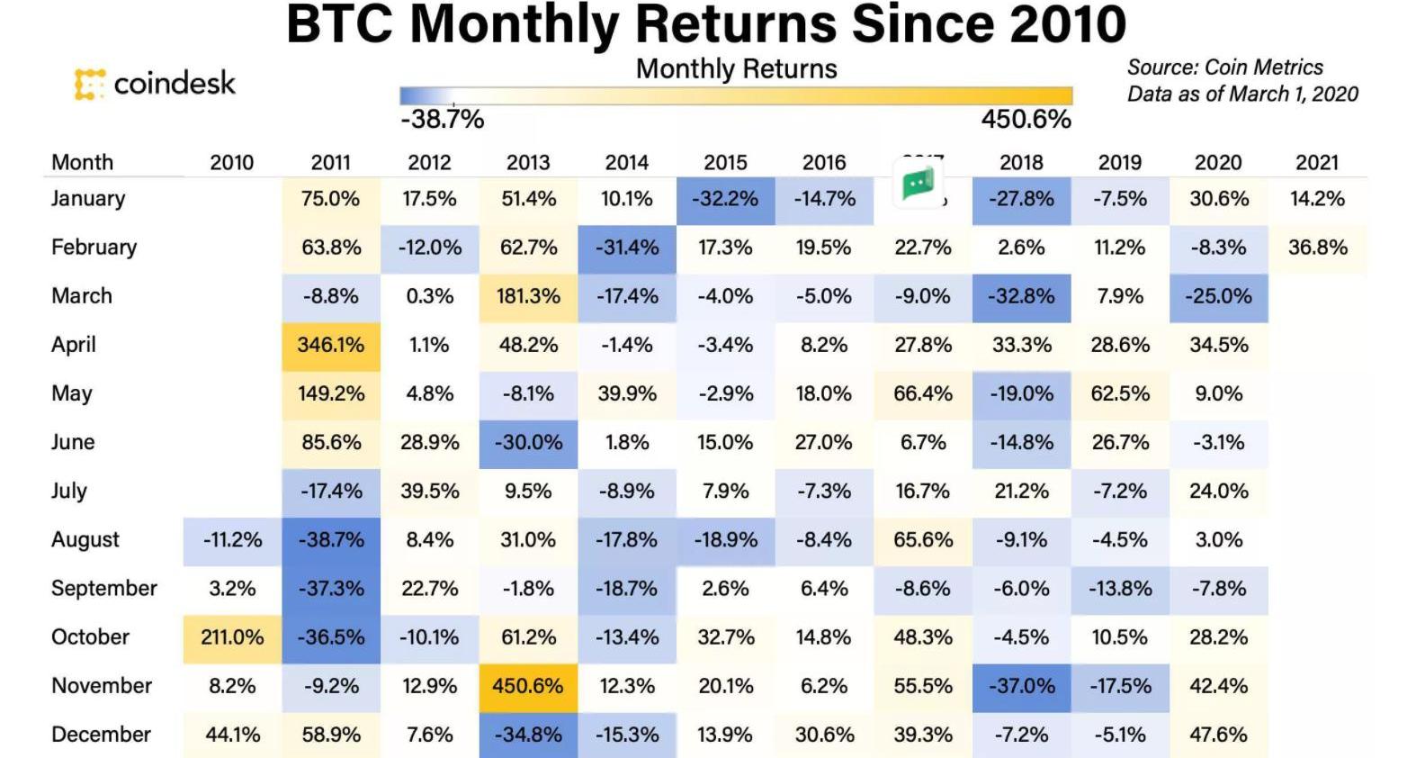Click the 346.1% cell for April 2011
point(330,345)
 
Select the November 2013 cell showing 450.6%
point(527,686)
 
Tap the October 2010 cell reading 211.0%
point(232,637)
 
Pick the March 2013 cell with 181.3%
point(527,296)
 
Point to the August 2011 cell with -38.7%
point(330,540)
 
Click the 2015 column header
point(725,163)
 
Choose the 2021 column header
point(1317,163)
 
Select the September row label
point(103,589)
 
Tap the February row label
point(94,248)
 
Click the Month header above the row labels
point(82,163)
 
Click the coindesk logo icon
point(89,84)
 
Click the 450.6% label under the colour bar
point(1026,120)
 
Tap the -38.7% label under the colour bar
point(442,120)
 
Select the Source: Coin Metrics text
point(1224,68)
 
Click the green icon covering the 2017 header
point(918,183)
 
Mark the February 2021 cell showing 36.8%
point(1317,248)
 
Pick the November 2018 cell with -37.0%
point(1021,686)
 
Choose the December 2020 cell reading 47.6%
point(1218,735)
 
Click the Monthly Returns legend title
point(736,69)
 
